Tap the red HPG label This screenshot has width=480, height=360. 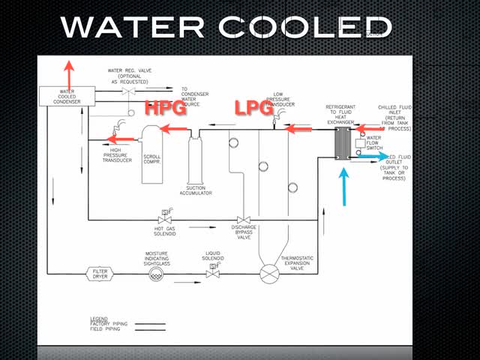[x=164, y=107]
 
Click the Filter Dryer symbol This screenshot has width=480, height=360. [x=100, y=273]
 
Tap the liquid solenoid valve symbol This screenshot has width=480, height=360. [x=213, y=272]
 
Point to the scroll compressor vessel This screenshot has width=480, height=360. [x=152, y=146]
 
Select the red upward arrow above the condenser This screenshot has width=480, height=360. [x=70, y=73]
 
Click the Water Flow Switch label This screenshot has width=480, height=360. [x=374, y=142]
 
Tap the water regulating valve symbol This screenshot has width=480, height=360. [x=128, y=91]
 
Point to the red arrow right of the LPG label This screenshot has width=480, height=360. [x=299, y=129]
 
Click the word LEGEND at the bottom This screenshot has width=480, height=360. [x=100, y=319]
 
